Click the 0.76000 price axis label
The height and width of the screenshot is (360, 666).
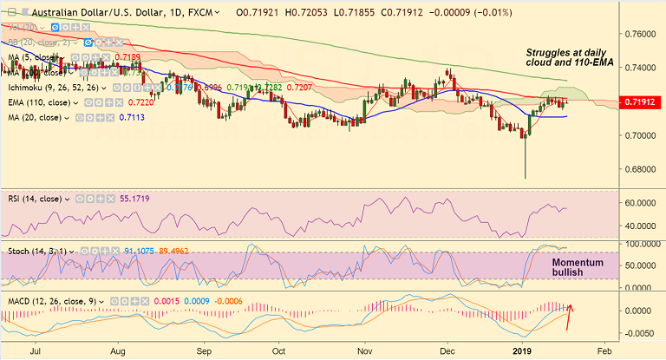click(x=640, y=34)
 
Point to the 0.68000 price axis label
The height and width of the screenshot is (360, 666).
click(x=640, y=169)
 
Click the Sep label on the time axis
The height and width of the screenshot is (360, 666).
click(x=204, y=352)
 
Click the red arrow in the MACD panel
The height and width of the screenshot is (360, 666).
click(x=569, y=317)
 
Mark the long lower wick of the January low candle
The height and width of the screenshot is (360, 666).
click(x=526, y=160)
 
